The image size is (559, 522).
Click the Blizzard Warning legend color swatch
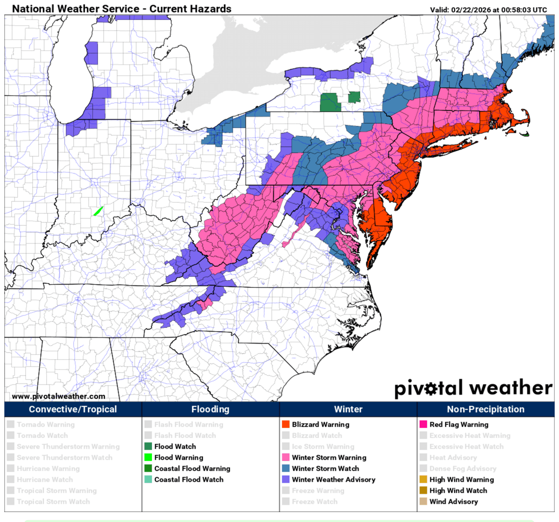(286, 425)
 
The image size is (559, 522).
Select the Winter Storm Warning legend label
(329, 458)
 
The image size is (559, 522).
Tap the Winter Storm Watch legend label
(325, 468)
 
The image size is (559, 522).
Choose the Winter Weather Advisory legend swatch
(286, 480)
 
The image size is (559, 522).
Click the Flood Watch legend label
(175, 446)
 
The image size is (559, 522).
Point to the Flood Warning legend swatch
(148, 458)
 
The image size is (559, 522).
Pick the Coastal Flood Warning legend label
(192, 468)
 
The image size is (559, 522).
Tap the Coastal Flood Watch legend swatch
(148, 480)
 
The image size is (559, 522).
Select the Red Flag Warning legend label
(459, 425)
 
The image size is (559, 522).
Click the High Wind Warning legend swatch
(423, 480)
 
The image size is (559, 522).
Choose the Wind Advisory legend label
(453, 501)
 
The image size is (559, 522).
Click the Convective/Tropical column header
(73, 410)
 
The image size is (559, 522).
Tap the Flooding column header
(210, 410)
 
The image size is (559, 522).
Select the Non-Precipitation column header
(485, 410)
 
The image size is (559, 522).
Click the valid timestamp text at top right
(489, 9)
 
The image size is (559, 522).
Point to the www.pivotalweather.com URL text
(58, 397)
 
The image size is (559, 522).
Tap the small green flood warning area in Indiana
(98, 211)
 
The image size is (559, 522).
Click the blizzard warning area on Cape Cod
(522, 122)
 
